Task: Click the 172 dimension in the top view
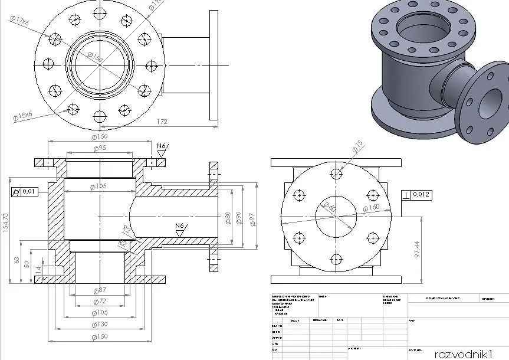tap(161, 122)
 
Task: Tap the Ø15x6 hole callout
tap(22, 116)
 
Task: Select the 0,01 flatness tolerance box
tap(25, 191)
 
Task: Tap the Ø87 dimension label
tap(99, 290)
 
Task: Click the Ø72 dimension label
tap(99, 301)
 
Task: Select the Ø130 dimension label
tap(99, 324)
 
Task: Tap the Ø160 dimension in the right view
tap(371, 208)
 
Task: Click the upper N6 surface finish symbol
tap(162, 147)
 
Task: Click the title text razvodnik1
tap(462, 354)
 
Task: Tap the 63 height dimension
tap(17, 258)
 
